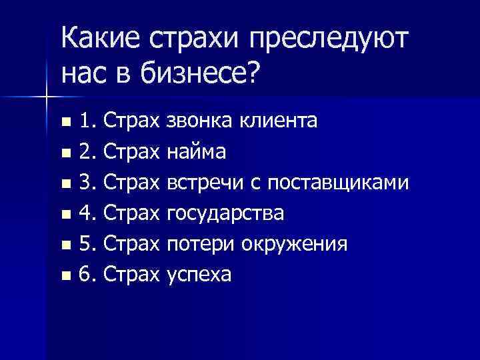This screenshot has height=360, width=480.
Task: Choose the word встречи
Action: (206, 183)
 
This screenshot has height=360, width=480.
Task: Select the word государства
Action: (225, 214)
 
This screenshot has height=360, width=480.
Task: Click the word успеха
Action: (199, 274)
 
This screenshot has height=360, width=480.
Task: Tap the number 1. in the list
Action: (90, 122)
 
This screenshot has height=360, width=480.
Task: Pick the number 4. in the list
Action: (90, 214)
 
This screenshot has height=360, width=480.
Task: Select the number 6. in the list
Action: (90, 274)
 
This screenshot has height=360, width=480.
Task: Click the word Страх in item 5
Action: (133, 244)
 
